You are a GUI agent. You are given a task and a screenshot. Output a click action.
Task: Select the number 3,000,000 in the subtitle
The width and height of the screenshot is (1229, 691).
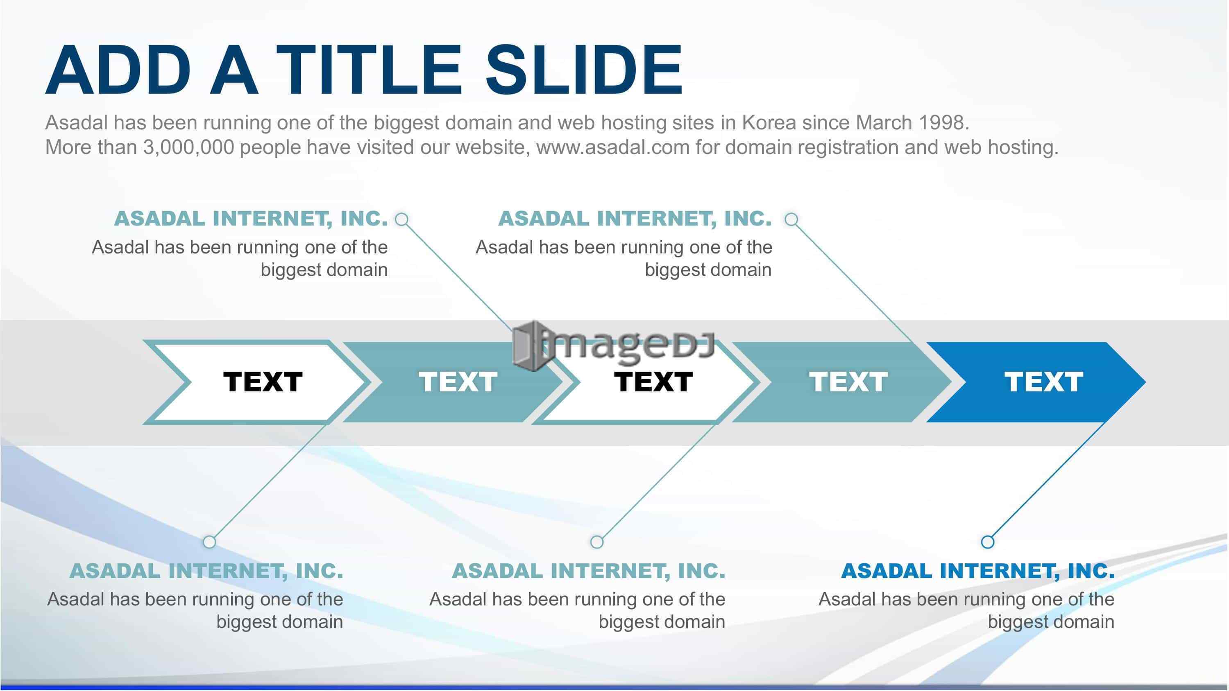click(188, 147)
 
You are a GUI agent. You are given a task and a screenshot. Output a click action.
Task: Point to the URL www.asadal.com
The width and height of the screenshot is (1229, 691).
click(613, 147)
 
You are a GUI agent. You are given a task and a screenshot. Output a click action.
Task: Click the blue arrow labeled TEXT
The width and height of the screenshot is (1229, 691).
click(1036, 382)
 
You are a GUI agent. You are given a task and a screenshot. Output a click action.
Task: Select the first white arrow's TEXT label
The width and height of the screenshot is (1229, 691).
click(263, 382)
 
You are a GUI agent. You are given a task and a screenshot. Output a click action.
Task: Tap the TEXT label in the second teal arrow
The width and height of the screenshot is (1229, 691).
click(458, 382)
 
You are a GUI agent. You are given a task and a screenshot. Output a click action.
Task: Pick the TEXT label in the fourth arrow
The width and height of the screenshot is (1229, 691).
click(848, 382)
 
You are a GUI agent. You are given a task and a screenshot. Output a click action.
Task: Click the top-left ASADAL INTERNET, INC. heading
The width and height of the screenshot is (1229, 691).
click(251, 219)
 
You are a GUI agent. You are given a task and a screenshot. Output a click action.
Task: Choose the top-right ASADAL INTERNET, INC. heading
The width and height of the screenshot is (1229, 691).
click(635, 219)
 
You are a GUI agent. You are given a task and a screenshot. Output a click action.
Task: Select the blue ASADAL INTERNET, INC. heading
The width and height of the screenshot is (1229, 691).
click(978, 571)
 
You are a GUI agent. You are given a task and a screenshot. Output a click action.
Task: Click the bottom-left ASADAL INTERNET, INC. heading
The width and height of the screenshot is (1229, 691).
click(206, 571)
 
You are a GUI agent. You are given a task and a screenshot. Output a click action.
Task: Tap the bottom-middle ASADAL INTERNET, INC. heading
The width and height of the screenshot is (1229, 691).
click(589, 571)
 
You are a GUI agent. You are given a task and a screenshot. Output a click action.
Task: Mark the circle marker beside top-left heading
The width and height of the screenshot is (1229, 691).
click(402, 219)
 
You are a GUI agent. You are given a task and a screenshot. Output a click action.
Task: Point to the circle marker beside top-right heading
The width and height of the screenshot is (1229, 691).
click(791, 219)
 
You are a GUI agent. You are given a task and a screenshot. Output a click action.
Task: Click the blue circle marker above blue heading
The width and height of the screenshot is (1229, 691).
click(988, 542)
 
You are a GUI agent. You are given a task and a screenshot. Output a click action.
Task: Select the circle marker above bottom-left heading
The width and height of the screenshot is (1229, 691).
click(209, 542)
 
